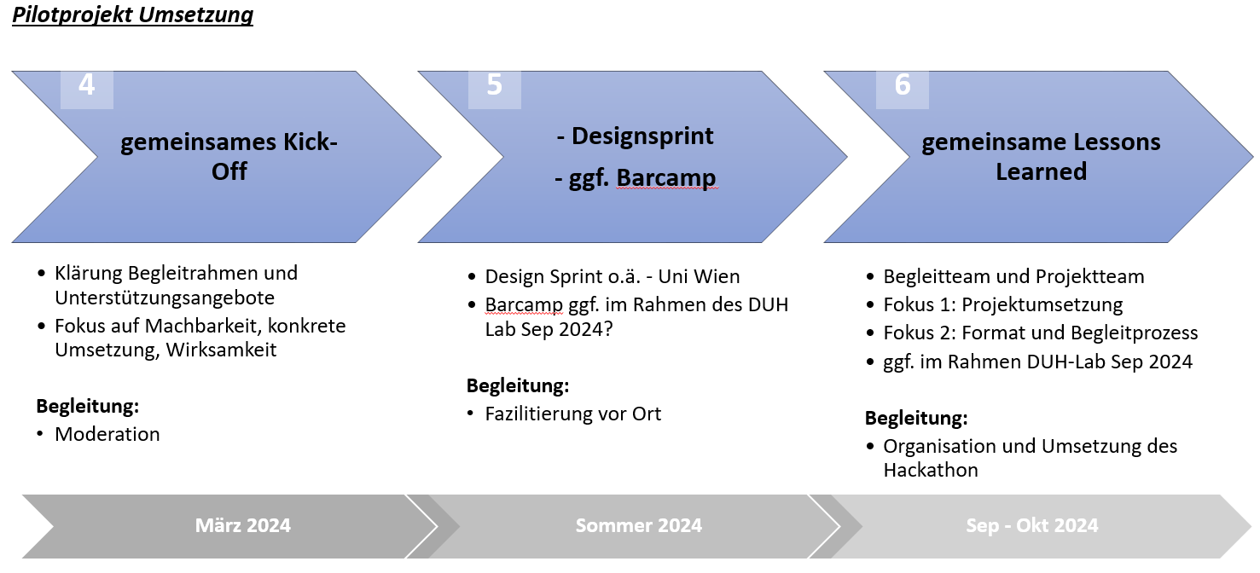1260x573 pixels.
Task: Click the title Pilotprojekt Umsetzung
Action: click(133, 14)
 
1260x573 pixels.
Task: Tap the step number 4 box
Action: click(87, 90)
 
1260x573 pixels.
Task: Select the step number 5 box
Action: click(495, 90)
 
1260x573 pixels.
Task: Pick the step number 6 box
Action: click(903, 90)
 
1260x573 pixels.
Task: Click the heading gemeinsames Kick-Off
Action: click(229, 156)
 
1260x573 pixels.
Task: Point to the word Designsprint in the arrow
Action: click(642, 136)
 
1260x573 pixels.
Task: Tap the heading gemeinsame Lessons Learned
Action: click(1041, 156)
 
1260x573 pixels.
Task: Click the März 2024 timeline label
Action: click(243, 525)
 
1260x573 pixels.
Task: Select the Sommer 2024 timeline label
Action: click(638, 525)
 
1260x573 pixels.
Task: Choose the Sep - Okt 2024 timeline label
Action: click(1031, 525)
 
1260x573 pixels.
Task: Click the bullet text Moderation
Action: click(107, 434)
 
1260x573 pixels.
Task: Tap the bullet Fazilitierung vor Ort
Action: click(572, 414)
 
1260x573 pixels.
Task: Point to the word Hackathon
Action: click(931, 470)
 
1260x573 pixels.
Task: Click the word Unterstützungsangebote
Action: click(165, 298)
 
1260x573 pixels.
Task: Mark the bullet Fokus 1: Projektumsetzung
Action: click(1003, 304)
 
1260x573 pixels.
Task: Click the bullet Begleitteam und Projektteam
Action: click(1013, 276)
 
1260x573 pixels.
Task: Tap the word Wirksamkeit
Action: click(221, 350)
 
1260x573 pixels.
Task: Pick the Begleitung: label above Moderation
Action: click(88, 406)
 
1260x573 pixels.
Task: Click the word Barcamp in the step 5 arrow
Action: click(666, 177)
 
